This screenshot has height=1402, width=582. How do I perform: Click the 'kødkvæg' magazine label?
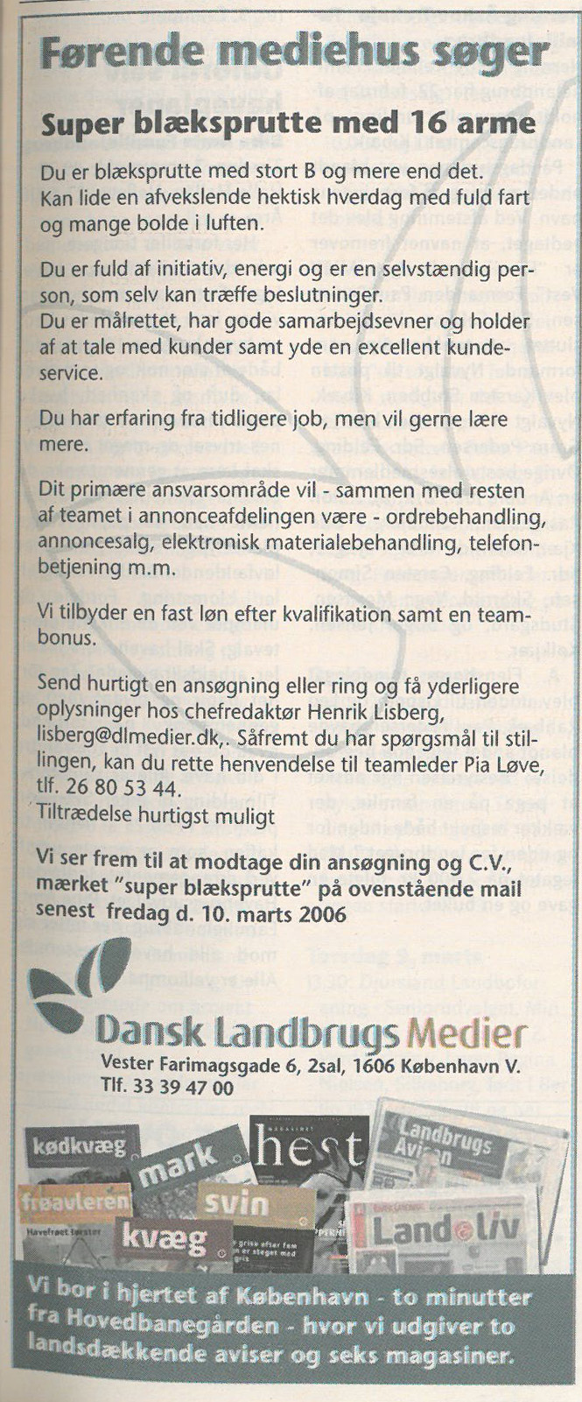coord(80,1145)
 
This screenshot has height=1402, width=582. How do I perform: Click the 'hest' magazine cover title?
coord(306,1149)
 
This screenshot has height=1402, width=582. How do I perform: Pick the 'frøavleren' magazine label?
coord(75,1201)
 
